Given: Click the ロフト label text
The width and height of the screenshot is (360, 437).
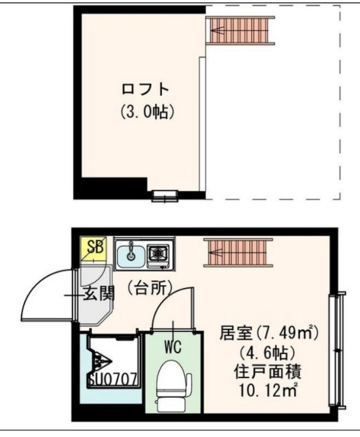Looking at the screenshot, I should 146,89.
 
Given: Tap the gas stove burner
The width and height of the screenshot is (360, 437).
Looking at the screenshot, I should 158,254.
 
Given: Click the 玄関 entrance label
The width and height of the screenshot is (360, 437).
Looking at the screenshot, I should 100,294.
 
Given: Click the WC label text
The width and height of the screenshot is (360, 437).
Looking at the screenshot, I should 173,346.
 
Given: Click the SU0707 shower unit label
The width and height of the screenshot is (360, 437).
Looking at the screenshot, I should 112,378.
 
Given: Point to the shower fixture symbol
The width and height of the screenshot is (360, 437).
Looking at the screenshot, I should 101,360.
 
